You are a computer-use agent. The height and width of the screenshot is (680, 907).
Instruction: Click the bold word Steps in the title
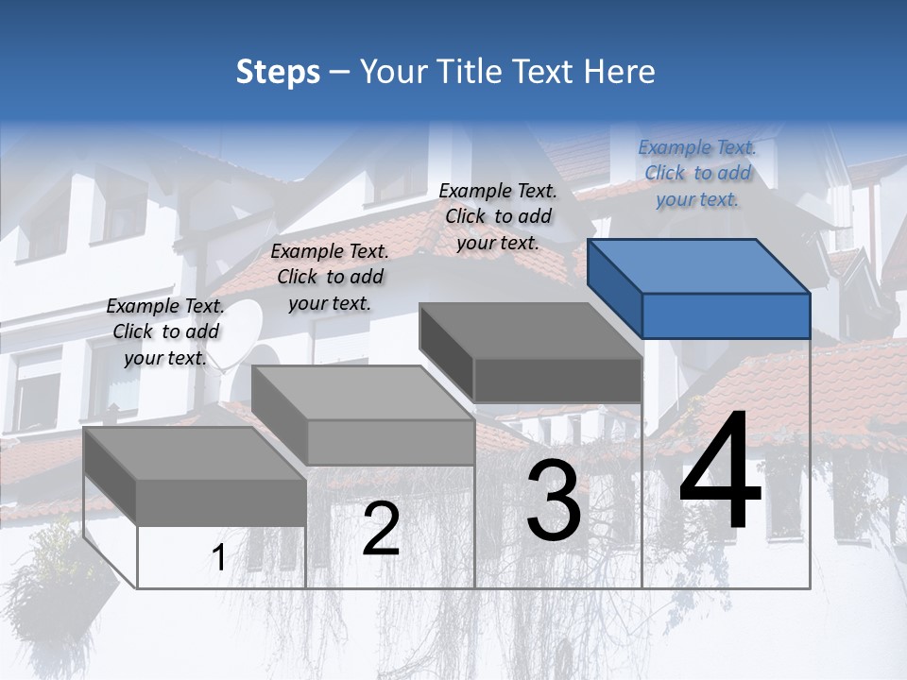[278, 72]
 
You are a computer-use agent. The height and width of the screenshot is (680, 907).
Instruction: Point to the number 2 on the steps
[382, 529]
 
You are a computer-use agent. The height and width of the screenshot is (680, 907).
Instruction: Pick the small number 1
[218, 558]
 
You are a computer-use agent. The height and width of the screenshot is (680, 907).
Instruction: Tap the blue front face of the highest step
[726, 315]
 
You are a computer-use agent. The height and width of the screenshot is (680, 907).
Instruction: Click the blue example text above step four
[697, 173]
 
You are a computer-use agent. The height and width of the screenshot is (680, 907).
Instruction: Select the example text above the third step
[498, 216]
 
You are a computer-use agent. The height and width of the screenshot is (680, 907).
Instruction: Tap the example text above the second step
[330, 277]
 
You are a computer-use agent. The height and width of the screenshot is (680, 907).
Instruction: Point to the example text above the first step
[165, 331]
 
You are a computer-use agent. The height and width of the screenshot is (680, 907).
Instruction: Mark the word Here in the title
[620, 72]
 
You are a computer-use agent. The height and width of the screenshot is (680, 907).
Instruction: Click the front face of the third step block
[557, 381]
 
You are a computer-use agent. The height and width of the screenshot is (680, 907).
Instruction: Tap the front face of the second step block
[390, 442]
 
